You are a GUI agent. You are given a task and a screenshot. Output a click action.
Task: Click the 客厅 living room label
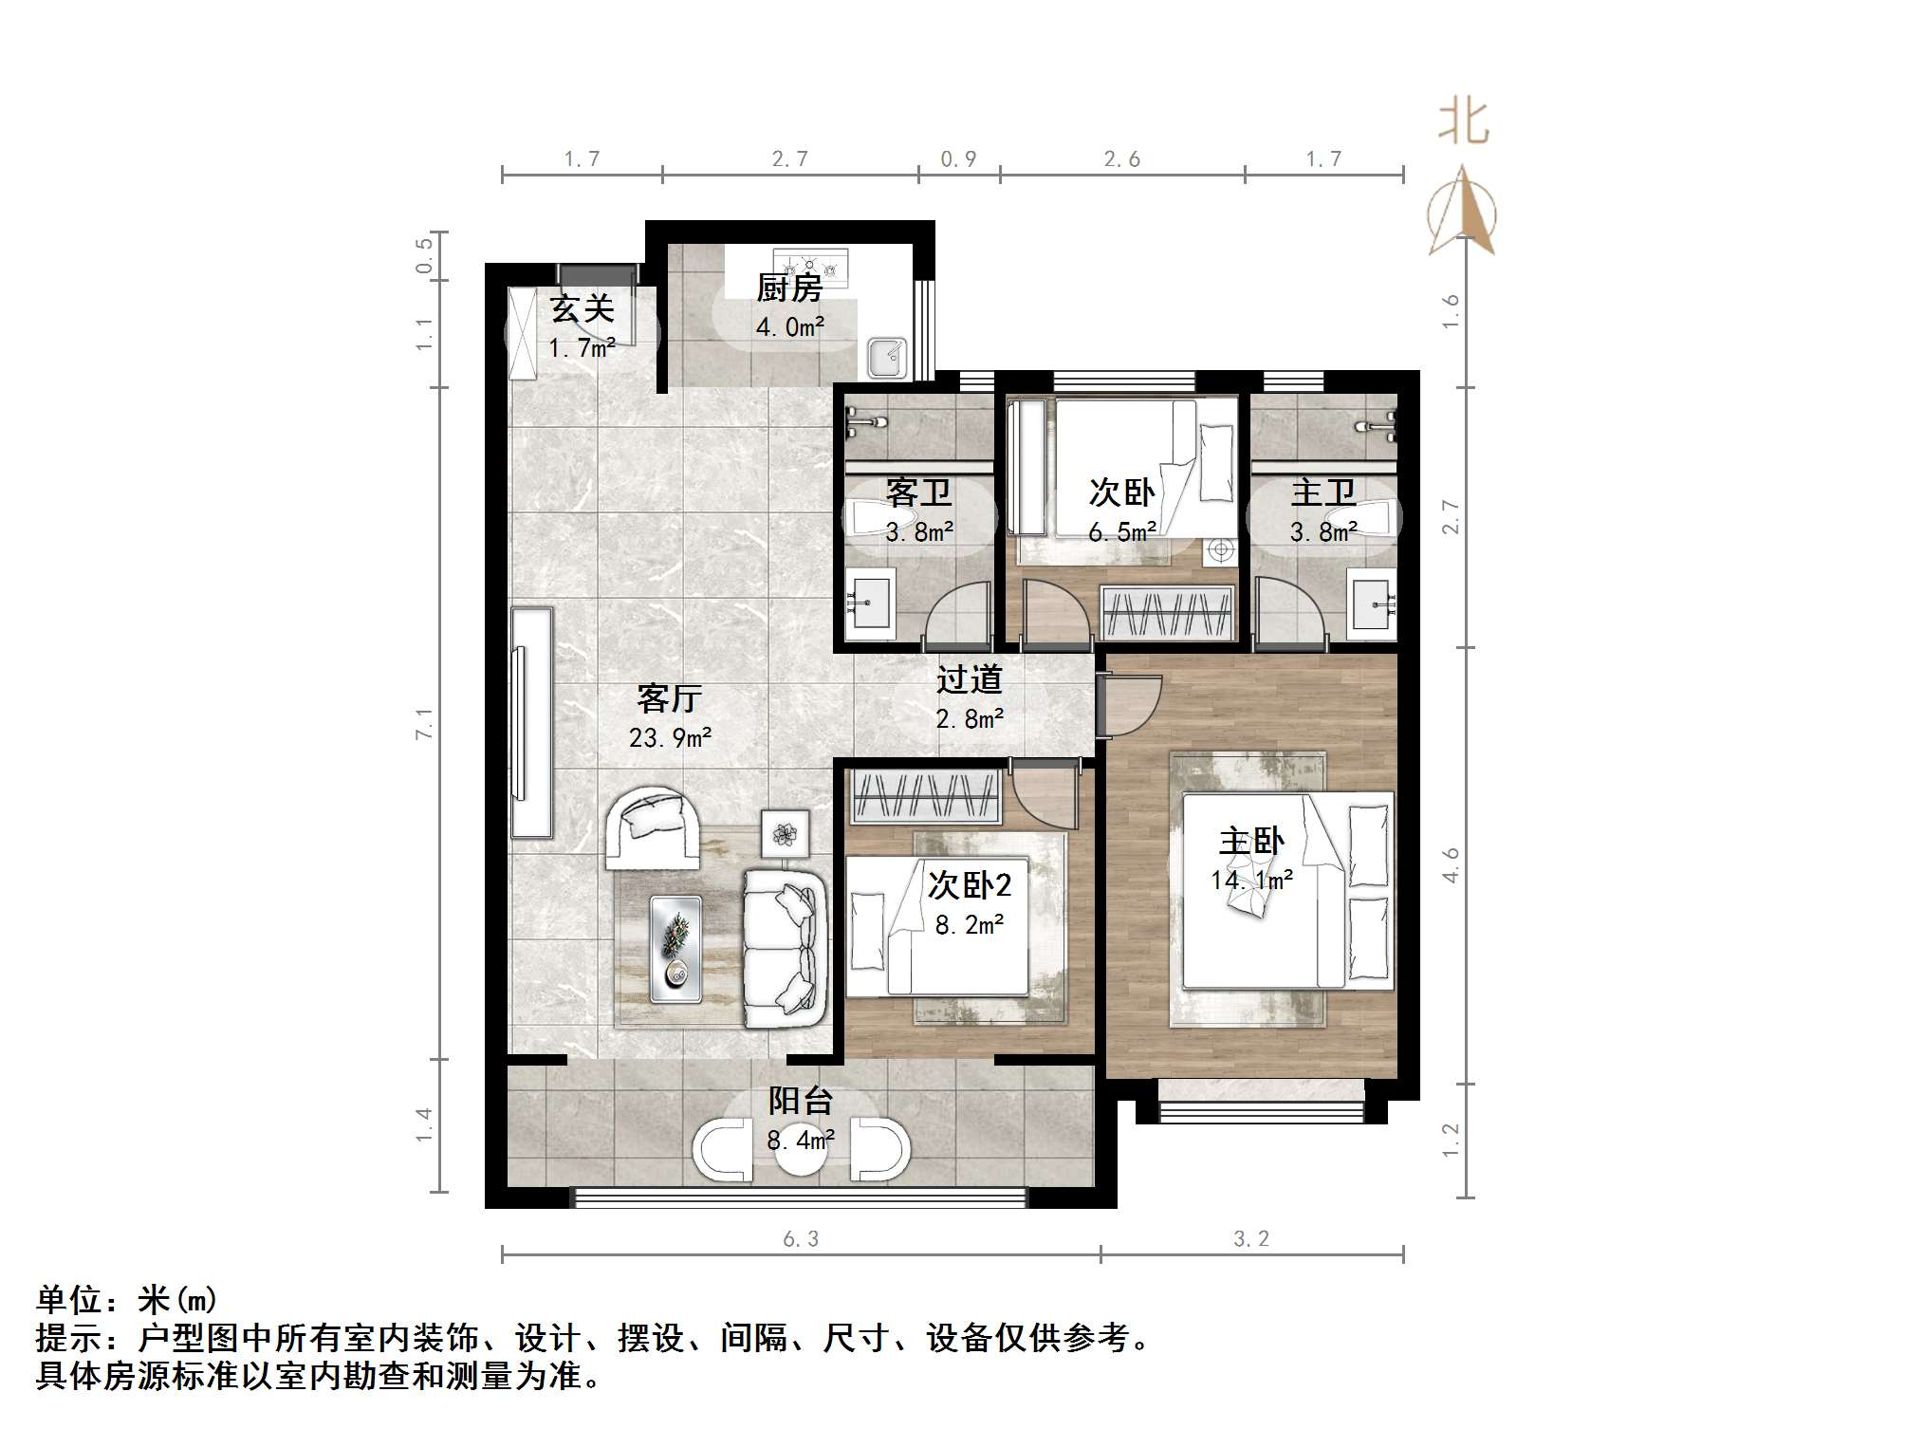tap(669, 699)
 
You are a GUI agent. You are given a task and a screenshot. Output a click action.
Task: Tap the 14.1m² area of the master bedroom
tap(1251, 881)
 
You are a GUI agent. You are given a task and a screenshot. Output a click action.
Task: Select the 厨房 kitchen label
tap(788, 288)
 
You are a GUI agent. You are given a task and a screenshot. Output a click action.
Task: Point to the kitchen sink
tap(888, 357)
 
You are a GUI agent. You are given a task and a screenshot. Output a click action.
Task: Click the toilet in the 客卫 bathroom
tap(882, 518)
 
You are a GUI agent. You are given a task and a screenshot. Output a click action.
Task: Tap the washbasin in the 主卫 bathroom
tap(1373, 602)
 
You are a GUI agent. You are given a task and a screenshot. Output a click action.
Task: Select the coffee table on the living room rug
tap(675, 948)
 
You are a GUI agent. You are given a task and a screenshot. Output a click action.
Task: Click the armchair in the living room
tap(653, 826)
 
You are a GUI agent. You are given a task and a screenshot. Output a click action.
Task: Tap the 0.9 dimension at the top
tap(958, 158)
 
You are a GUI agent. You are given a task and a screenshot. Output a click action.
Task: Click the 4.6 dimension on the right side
tap(1451, 864)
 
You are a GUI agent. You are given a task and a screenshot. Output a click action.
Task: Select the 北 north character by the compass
tap(1463, 123)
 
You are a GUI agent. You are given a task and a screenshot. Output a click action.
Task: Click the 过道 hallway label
tap(969, 679)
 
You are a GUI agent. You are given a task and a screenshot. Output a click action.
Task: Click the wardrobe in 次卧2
tap(927, 795)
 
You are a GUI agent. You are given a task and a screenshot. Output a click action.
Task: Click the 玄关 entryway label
tap(582, 308)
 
